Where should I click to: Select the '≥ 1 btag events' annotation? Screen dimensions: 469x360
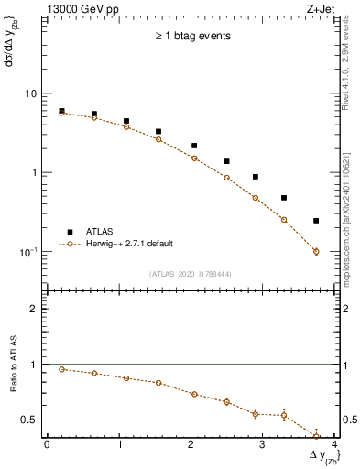coord(191,37)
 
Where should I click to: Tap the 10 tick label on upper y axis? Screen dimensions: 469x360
coord(29,93)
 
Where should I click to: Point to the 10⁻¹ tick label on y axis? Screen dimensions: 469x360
coord(27,251)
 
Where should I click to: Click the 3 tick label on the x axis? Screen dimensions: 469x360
coord(263,445)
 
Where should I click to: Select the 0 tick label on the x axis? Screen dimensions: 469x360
coord(47,445)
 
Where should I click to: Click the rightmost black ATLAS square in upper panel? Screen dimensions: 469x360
coord(316,221)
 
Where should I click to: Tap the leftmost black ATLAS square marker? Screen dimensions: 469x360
coord(61,111)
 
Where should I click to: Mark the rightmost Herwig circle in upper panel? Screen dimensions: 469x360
coord(316,251)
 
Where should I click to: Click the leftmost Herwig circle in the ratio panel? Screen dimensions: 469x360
coord(61,369)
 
